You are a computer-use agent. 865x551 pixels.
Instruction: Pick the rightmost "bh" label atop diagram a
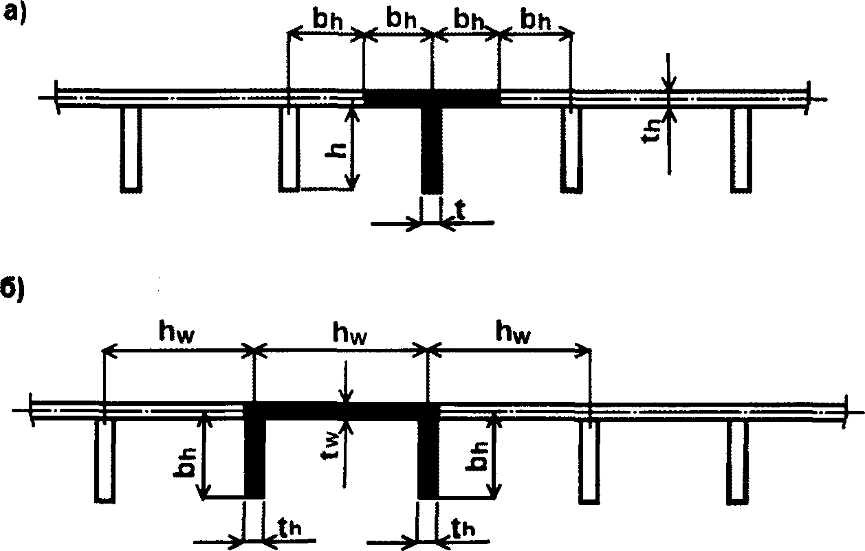pyautogui.click(x=534, y=20)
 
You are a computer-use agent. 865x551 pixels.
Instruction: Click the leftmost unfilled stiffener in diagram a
pyautogui.click(x=131, y=148)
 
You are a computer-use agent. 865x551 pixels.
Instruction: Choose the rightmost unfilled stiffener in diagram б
pyautogui.click(x=737, y=460)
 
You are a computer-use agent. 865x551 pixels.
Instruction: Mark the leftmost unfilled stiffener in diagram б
pyautogui.click(x=105, y=460)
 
